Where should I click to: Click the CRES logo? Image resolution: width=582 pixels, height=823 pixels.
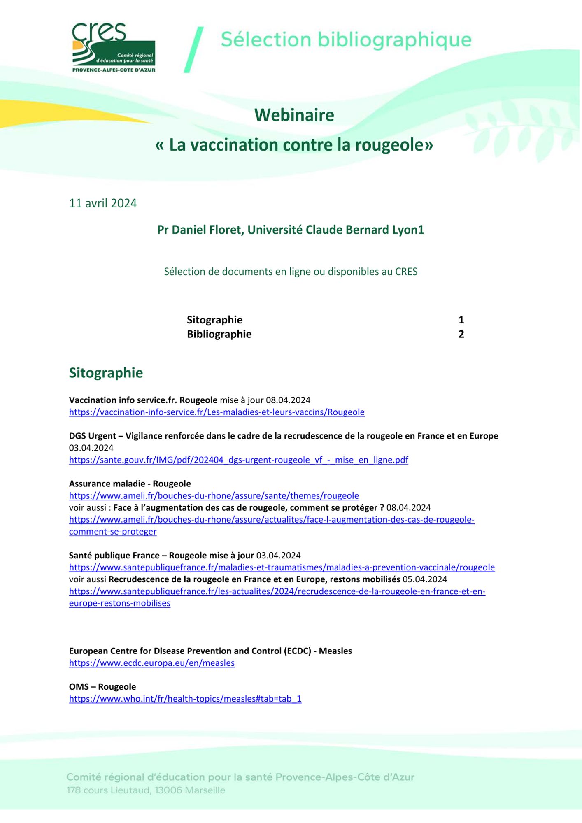click(114, 48)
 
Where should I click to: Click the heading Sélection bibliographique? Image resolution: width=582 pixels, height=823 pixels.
click(346, 40)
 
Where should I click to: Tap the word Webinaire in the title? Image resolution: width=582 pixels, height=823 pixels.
click(294, 115)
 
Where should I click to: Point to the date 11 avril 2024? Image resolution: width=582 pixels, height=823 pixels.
click(103, 203)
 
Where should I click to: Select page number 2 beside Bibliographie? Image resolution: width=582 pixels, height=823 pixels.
click(461, 334)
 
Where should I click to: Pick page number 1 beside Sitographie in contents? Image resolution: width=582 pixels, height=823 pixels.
click(461, 320)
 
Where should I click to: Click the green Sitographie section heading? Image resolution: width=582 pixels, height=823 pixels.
click(106, 373)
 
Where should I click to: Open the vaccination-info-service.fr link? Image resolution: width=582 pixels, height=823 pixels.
click(217, 412)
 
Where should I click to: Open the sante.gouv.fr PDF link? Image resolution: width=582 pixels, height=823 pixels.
click(238, 460)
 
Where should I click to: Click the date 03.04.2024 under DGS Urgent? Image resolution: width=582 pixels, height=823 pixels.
click(91, 448)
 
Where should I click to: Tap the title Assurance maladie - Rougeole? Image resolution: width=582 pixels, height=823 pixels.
click(130, 484)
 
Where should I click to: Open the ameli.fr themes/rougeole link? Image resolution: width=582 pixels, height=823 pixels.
click(214, 496)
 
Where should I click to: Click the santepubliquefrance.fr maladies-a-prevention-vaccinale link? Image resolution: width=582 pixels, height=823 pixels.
click(282, 567)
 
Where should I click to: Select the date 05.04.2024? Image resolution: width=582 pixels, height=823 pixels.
click(425, 579)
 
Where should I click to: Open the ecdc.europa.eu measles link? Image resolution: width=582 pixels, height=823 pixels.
click(151, 663)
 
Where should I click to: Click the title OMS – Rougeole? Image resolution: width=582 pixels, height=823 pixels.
click(102, 687)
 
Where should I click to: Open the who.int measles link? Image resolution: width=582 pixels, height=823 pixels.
click(185, 699)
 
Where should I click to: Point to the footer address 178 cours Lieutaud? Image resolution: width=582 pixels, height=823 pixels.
click(146, 790)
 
